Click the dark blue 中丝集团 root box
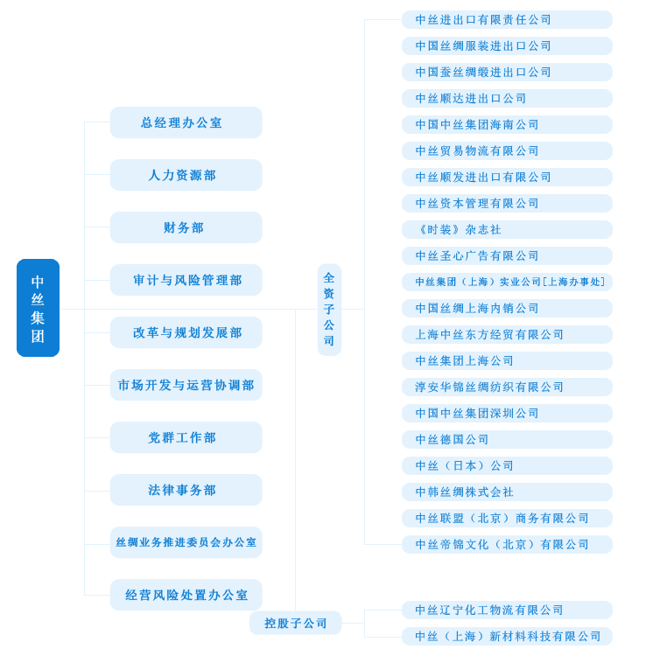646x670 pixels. point(38,308)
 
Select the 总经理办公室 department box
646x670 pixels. point(186,122)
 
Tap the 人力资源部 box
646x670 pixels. point(186,175)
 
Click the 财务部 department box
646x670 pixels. point(186,227)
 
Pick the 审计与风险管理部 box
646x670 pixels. point(186,280)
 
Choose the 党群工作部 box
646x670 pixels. point(186,437)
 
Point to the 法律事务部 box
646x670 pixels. point(186,490)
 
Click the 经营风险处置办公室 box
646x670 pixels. point(186,595)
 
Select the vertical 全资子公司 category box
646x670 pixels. point(329,310)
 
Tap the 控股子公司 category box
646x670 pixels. point(295,623)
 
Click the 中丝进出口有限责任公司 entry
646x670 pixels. point(507,19)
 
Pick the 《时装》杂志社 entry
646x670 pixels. point(507,229)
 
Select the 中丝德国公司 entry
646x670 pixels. point(507,439)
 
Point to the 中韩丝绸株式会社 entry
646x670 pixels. point(507,492)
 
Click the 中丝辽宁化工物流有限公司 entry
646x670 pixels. point(507,610)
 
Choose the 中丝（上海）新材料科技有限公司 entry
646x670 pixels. point(507,636)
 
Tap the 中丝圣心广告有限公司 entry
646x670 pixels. point(507,255)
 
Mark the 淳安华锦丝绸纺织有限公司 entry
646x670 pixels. point(507,387)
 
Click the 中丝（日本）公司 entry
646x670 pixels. point(507,465)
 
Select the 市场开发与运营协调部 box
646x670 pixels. point(186,385)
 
